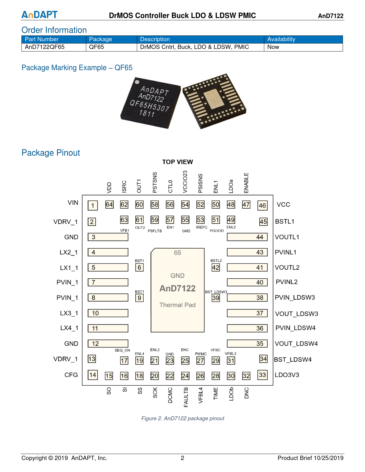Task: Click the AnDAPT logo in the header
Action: point(40,15)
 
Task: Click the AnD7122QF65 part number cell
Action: point(45,47)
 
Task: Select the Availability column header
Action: point(281,39)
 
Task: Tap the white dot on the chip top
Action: point(137,82)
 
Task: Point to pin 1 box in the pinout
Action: point(92,205)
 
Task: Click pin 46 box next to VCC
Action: point(262,205)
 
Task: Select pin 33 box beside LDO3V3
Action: point(263,375)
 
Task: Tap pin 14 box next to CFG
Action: point(93,375)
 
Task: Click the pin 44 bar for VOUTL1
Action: point(247,237)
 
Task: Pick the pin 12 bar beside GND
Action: point(108,344)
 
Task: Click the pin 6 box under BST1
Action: point(139,267)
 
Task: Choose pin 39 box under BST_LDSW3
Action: point(216,298)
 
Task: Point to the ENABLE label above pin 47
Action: point(246,183)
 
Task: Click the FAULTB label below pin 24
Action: point(186,397)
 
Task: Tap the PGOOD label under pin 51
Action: point(217,231)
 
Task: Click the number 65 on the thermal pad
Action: point(177,253)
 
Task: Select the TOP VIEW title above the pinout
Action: point(177,162)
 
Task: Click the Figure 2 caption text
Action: point(183,418)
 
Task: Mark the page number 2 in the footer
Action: point(182,458)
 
